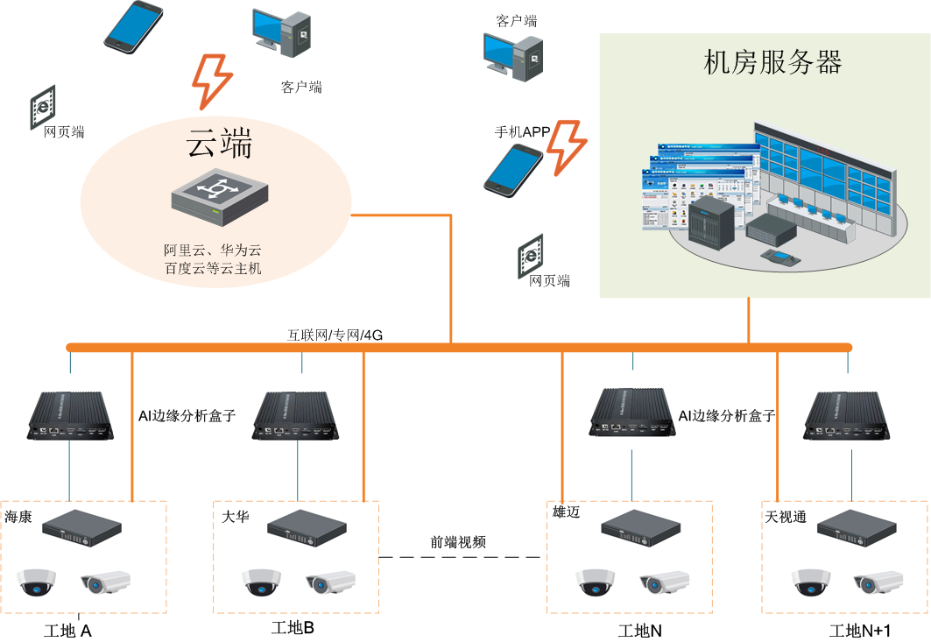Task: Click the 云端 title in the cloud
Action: (x=219, y=143)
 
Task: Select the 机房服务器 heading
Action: (x=772, y=62)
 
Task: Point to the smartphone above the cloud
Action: (x=133, y=25)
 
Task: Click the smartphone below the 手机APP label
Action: (x=513, y=169)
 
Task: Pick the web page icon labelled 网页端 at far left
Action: (x=42, y=108)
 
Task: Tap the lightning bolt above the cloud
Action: (x=210, y=81)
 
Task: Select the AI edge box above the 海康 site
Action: (x=70, y=414)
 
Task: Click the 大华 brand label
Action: (x=236, y=517)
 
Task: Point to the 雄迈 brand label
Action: (x=566, y=511)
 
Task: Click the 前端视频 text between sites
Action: (x=457, y=542)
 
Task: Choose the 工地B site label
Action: (x=293, y=628)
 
